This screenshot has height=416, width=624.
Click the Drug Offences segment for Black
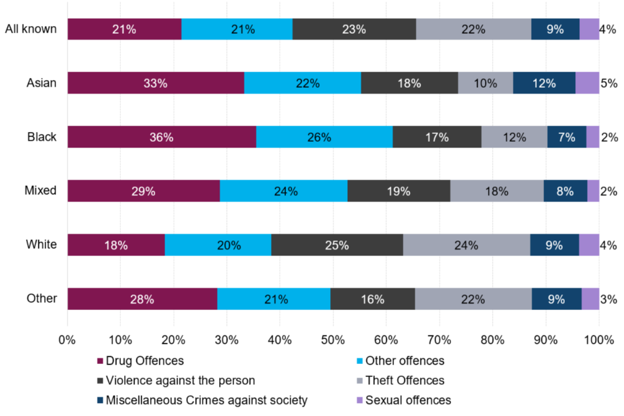tap(161, 137)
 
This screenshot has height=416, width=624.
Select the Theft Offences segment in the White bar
tap(466, 245)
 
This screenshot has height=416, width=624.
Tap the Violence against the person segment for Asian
tap(409, 83)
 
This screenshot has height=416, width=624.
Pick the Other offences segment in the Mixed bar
tap(283, 191)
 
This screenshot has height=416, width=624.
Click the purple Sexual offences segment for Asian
tap(587, 83)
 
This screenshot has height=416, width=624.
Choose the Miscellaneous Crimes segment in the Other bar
tap(556, 299)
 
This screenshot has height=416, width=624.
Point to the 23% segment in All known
tap(354, 29)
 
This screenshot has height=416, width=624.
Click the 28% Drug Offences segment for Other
tap(142, 299)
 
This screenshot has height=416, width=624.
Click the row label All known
tap(31, 29)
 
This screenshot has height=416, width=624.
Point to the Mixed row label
tap(40, 191)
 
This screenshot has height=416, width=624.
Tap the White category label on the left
tap(42, 245)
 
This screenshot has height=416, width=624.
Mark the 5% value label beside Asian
tap(608, 83)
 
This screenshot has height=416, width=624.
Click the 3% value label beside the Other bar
tap(608, 299)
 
